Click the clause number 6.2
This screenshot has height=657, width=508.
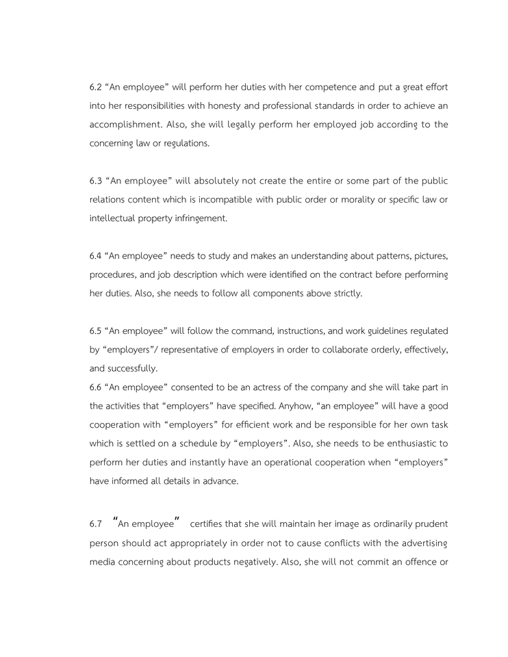(95, 88)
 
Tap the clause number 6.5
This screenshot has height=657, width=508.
(95, 331)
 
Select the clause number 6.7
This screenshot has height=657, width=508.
(95, 524)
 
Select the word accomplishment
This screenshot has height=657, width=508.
(125, 125)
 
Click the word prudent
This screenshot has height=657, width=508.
(431, 524)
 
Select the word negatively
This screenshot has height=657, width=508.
(245, 562)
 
